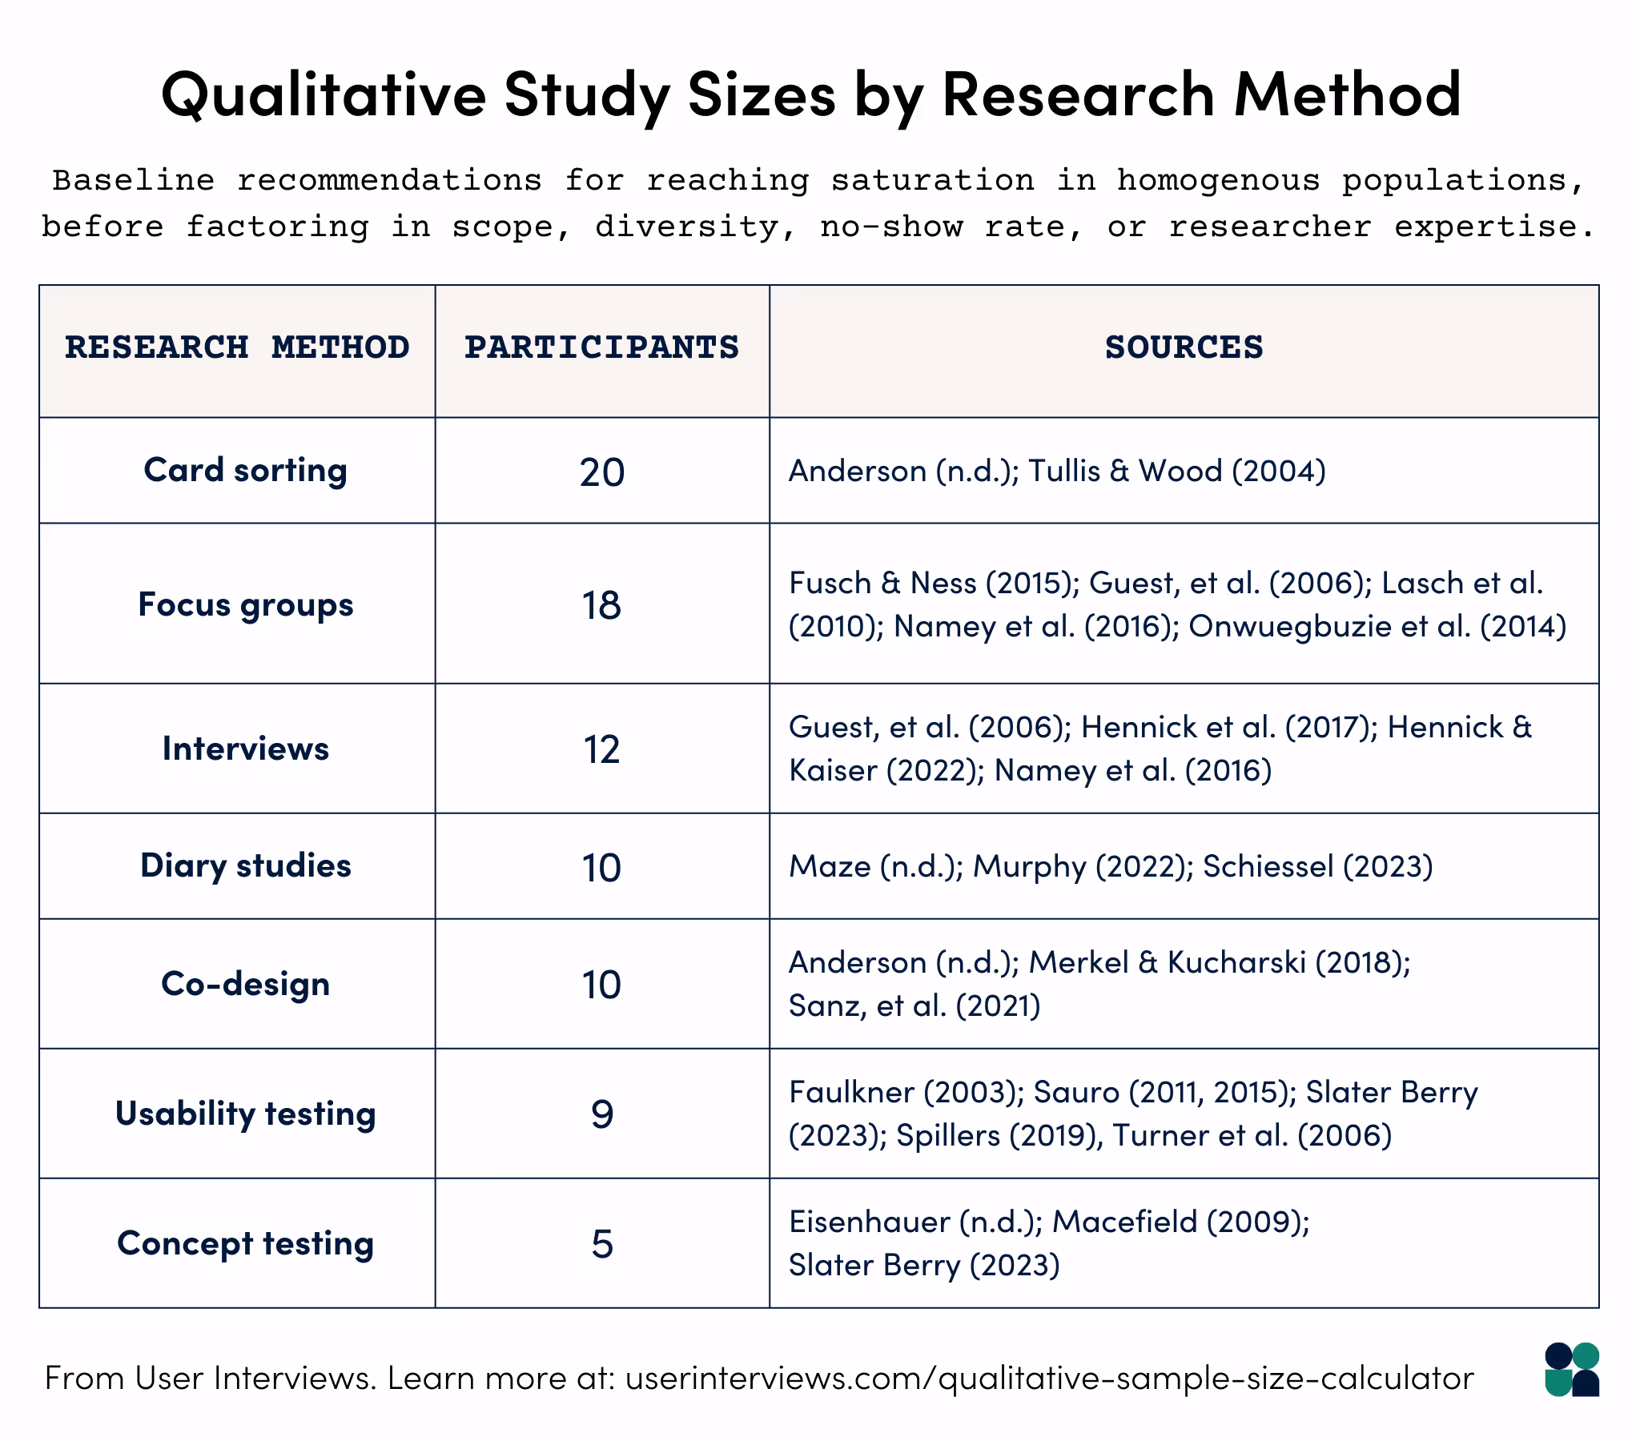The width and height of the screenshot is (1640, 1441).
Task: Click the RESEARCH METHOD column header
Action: pyautogui.click(x=237, y=347)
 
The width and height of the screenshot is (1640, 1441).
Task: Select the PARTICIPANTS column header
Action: pyautogui.click(x=601, y=347)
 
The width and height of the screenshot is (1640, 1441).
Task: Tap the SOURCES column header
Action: pyautogui.click(x=1184, y=347)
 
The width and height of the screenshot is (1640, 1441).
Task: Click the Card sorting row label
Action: pyautogui.click(x=245, y=470)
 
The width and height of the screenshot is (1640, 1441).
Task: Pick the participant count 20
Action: pyautogui.click(x=601, y=472)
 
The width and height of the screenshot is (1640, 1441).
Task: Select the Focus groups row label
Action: pyautogui.click(x=245, y=604)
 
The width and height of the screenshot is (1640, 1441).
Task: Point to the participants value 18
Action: pyautogui.click(x=601, y=605)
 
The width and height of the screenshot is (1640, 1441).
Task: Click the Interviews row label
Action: pyautogui.click(x=245, y=749)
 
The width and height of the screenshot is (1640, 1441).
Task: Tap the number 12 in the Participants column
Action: pyautogui.click(x=601, y=749)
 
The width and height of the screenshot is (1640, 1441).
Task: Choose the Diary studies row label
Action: pyautogui.click(x=245, y=865)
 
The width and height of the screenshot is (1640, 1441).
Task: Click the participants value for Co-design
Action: pyautogui.click(x=601, y=985)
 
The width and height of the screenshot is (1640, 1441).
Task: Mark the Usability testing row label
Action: pyautogui.click(x=245, y=1114)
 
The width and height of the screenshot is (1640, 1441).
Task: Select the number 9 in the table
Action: pyautogui.click(x=601, y=1114)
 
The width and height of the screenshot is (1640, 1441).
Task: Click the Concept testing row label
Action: pyautogui.click(x=245, y=1243)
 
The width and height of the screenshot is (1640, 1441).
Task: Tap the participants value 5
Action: pyautogui.click(x=601, y=1244)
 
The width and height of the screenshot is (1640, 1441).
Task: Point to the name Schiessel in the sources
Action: pyautogui.click(x=1268, y=866)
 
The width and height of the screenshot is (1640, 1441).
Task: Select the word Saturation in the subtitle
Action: pyautogui.click(x=931, y=181)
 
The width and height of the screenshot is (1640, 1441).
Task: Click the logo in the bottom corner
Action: pyautogui.click(x=1571, y=1370)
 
